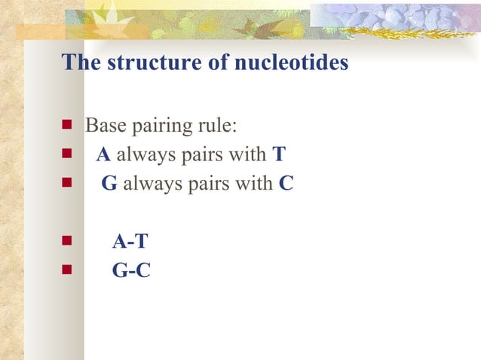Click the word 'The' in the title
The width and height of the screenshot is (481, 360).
pos(82,63)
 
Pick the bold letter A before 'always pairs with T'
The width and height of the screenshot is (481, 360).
pos(104,155)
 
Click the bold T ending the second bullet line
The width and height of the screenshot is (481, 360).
pos(279,155)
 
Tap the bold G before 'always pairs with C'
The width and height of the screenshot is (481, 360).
pos(109,184)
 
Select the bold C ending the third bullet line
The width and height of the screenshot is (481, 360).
pos(286,184)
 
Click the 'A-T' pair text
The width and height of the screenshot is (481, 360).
pos(130,242)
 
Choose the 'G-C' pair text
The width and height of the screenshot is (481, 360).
pos(131,270)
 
